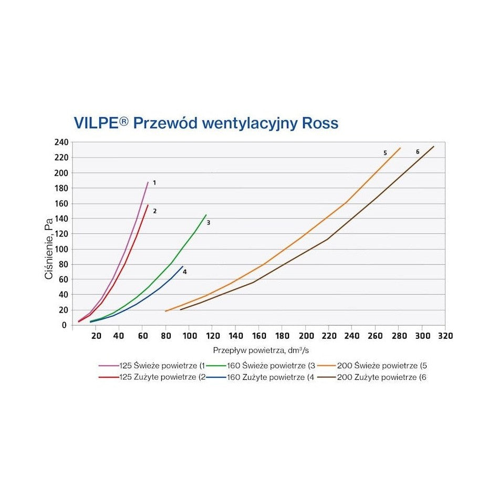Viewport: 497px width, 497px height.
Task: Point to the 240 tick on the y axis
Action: coord(61,142)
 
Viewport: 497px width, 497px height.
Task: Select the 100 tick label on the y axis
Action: coord(61,249)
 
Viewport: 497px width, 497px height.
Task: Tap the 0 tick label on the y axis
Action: coord(64,325)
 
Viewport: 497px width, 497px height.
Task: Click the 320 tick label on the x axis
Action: coord(445,336)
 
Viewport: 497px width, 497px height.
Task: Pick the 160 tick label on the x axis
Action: coord(259,336)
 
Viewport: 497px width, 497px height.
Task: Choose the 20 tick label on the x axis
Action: coord(96,336)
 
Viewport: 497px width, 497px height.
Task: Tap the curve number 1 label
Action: coord(154,183)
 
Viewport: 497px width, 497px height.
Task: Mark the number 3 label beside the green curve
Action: coord(209,223)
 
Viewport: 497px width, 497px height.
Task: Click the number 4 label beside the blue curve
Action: coord(185,272)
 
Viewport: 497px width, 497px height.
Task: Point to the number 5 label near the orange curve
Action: coord(385,153)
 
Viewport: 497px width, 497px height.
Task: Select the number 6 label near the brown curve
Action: coord(418,152)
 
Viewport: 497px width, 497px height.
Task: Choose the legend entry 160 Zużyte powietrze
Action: coord(268,377)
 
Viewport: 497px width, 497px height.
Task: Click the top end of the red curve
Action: coord(148,205)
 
